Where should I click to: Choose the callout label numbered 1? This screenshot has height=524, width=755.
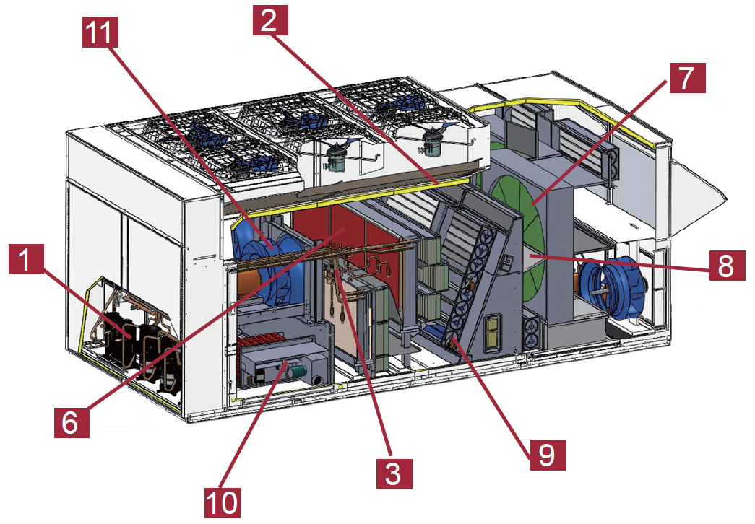pyautogui.click(x=27, y=258)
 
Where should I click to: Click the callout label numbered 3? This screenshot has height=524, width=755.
pyautogui.click(x=393, y=472)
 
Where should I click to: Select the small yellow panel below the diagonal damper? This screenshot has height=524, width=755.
pyautogui.click(x=493, y=333)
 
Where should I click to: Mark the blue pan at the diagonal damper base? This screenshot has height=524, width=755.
pyautogui.click(x=439, y=333)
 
